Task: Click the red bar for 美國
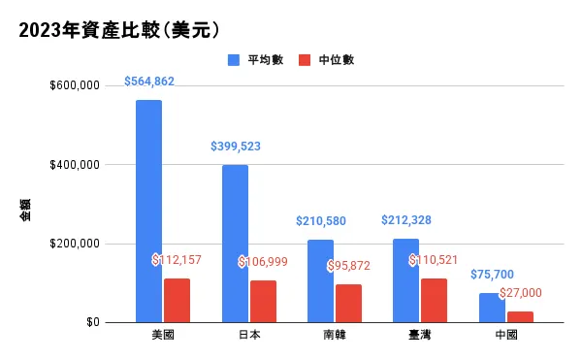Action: pos(177,300)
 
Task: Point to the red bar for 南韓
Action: pos(348,303)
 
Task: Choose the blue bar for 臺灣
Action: pos(405,280)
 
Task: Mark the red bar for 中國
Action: pos(520,316)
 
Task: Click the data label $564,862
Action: pos(149,82)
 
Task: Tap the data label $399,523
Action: pos(236,147)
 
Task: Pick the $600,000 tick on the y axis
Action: pos(75,85)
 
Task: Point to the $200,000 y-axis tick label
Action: pos(75,244)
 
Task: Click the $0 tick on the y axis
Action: pos(92,322)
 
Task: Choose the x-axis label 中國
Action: pos(505,335)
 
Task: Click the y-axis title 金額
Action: pos(25,211)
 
